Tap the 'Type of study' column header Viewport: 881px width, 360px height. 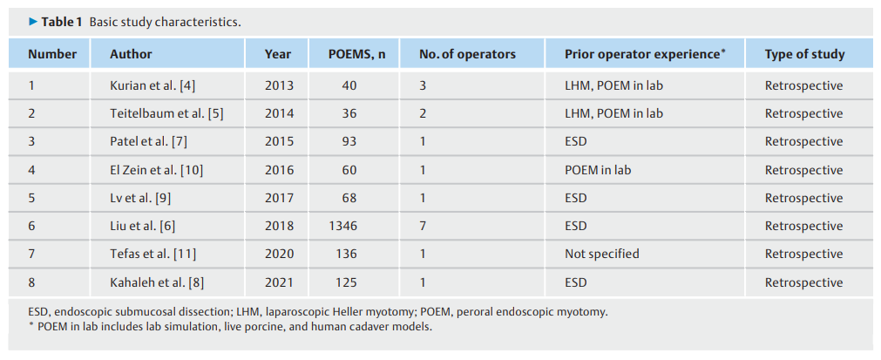[804, 54]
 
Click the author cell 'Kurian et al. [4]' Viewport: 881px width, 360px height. [152, 86]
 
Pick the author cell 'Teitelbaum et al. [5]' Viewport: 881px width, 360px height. [166, 113]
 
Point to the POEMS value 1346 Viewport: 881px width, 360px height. [342, 227]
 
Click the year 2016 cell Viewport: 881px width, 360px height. [279, 170]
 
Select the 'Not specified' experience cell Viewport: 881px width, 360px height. [602, 254]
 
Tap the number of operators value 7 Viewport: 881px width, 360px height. [423, 227]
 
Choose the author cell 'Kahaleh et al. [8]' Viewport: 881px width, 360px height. [157, 282]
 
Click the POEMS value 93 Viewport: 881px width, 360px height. [349, 141]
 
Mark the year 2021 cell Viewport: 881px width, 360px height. [279, 282]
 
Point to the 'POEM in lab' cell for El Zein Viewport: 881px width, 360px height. [598, 170]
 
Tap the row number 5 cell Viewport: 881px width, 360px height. [31, 198]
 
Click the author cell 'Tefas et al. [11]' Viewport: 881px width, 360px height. [152, 255]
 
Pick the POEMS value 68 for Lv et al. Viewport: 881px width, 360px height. [349, 198]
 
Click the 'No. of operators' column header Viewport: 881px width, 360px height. [467, 54]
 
